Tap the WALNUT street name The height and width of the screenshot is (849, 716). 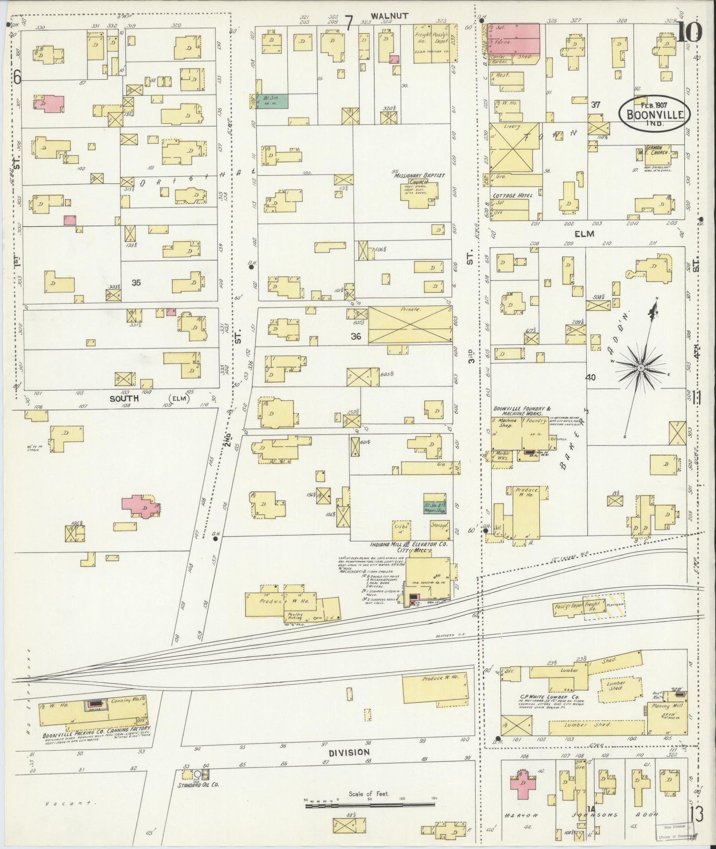coord(391,16)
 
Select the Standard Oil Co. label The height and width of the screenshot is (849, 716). coord(199,785)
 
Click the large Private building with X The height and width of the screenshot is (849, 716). coord(410,324)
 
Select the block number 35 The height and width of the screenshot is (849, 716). coord(136,283)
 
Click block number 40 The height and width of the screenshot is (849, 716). coord(590,377)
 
